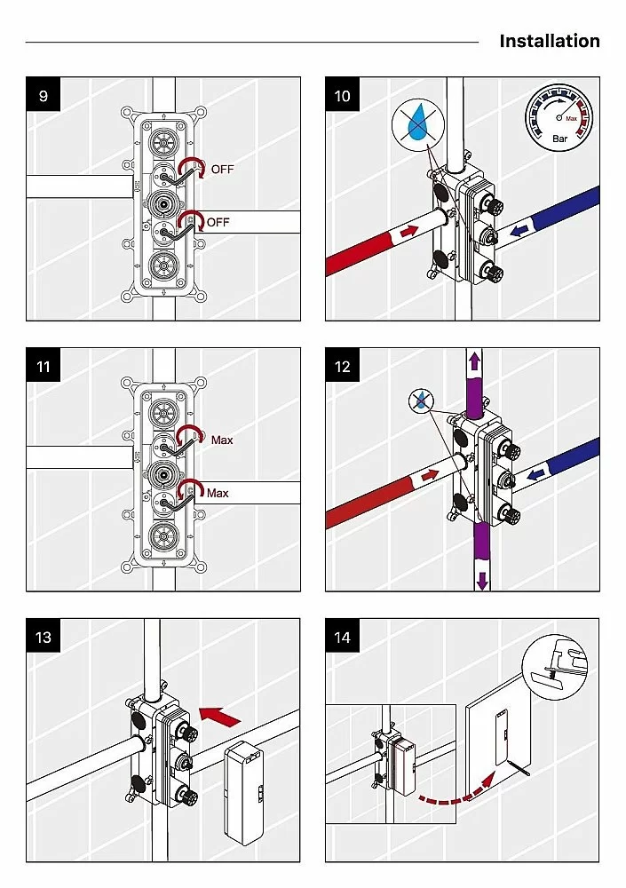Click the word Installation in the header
tap(550, 41)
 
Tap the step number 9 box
tap(43, 95)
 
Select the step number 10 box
tap(342, 95)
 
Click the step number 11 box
tap(43, 366)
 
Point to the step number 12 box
tap(342, 366)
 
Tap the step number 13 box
tap(43, 637)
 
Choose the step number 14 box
tap(342, 637)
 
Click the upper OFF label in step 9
tap(222, 170)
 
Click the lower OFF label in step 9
tap(218, 222)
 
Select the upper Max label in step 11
tap(222, 440)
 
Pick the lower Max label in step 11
tap(218, 493)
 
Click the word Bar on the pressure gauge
tap(559, 139)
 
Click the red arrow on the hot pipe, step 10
tap(409, 231)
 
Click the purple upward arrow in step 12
tap(474, 361)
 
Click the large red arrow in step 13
tap(220, 716)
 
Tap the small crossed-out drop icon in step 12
tap(420, 401)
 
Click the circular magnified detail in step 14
tap(555, 662)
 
